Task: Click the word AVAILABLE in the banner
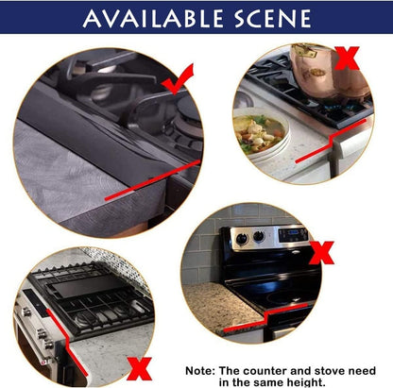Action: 153,18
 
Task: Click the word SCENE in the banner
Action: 273,18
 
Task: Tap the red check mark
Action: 178,79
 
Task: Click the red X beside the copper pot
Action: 347,58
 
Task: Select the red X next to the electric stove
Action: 321,253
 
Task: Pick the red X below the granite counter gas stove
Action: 139,369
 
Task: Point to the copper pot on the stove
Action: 329,72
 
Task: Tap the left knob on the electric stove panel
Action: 242,239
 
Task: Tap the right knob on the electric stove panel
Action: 259,236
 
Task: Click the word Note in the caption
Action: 200,371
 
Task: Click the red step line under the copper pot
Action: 331,141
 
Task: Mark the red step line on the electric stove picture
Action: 266,317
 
